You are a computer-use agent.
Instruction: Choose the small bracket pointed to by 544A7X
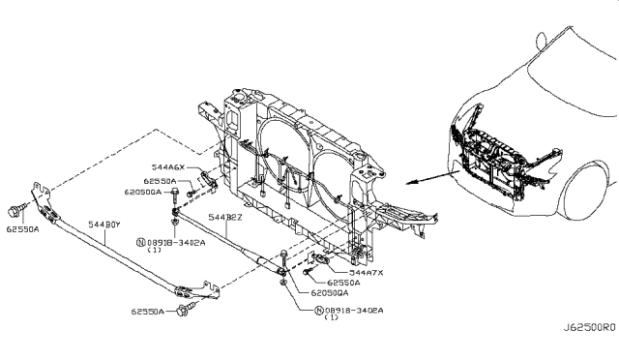(x=321, y=259)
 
